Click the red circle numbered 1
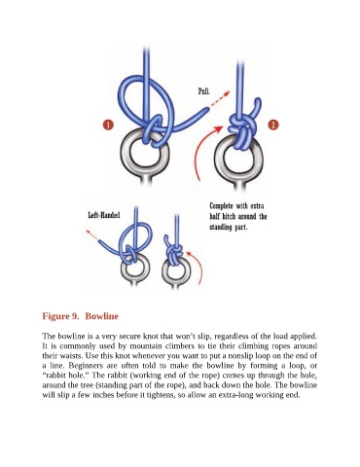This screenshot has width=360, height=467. pyautogui.click(x=108, y=126)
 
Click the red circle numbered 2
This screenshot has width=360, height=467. pyautogui.click(x=273, y=125)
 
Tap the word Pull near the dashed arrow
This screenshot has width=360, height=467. pyautogui.click(x=203, y=91)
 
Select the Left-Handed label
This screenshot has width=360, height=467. pyautogui.click(x=104, y=215)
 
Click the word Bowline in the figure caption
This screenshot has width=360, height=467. pyautogui.click(x=101, y=316)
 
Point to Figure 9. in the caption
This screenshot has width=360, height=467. pyautogui.click(x=60, y=316)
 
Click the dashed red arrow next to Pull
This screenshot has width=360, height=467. pyautogui.click(x=220, y=99)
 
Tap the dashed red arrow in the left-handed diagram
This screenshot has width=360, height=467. pyautogui.click(x=92, y=235)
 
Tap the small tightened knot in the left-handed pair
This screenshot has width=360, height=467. pyautogui.click(x=174, y=252)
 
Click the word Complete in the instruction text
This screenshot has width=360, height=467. pyautogui.click(x=221, y=206)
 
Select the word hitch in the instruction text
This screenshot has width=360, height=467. pyautogui.click(x=228, y=216)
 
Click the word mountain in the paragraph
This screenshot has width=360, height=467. pyautogui.click(x=146, y=345)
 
